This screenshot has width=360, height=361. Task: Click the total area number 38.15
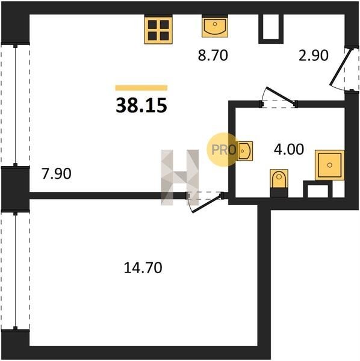point(141,105)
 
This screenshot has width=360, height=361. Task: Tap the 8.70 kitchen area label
point(213,55)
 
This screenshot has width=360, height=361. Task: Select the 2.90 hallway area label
point(313,55)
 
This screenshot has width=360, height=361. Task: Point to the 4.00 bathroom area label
point(289,149)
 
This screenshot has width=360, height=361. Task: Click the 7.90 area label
point(57,174)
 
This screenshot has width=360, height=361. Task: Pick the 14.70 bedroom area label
point(143,268)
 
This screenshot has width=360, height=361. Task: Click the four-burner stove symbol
point(158,29)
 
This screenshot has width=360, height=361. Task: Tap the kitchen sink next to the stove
point(215,26)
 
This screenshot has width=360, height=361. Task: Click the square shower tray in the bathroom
point(329,165)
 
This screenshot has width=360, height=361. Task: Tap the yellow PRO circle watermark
point(223,150)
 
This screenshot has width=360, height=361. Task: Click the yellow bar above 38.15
point(141,88)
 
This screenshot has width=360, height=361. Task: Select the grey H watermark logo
point(179,177)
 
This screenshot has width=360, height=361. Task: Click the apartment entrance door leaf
point(341,67)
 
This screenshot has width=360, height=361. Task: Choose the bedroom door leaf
point(207,204)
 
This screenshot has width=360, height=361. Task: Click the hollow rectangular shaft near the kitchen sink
point(271,29)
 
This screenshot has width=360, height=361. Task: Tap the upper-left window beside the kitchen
point(16,105)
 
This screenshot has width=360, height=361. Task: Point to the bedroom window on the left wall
point(16,271)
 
